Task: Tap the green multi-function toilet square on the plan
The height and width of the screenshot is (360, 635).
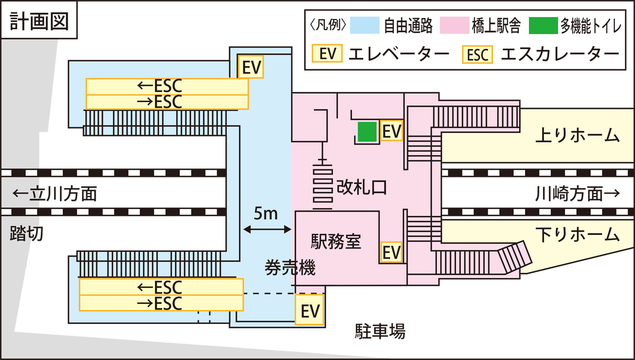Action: pos(367,131)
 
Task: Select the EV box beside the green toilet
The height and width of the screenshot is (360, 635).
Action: pos(392,131)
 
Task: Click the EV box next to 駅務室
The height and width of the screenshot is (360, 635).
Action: pos(392,251)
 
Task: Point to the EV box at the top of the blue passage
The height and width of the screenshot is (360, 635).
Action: pos(251,67)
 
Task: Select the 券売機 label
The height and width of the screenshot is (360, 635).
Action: pos(290,269)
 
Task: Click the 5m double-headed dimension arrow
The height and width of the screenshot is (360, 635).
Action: pos(267,229)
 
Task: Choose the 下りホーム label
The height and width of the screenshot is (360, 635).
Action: pos(577,233)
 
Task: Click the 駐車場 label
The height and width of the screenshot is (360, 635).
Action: pos(379,332)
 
